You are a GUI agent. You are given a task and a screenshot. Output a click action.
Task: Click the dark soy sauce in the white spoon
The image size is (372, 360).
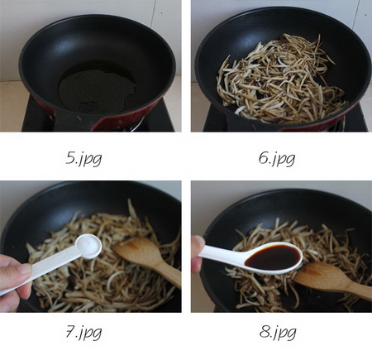(274, 257)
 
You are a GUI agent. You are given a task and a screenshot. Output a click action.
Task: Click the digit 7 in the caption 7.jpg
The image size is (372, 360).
(72, 333)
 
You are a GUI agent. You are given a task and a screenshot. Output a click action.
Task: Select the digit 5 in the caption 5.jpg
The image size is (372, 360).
(73, 158)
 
